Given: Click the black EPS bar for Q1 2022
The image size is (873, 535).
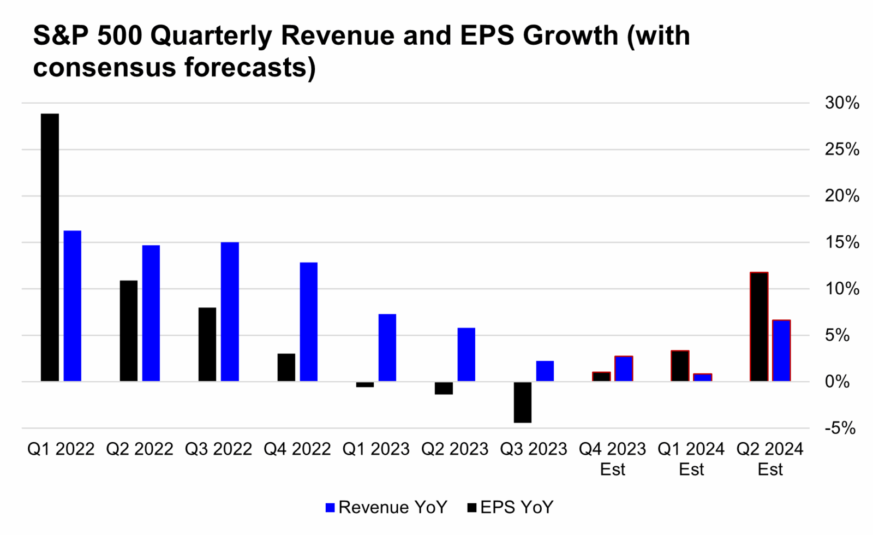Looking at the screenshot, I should (50, 247).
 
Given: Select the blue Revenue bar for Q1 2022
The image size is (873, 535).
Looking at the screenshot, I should (73, 306).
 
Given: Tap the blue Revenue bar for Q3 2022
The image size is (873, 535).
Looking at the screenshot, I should (230, 311).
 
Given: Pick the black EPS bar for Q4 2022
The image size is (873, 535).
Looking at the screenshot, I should (286, 367).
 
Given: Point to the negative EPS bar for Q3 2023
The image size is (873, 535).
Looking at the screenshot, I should (522, 402).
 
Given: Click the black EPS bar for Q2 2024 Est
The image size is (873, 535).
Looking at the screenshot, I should (759, 326).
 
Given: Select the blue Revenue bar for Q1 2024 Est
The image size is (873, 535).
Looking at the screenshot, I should (702, 377).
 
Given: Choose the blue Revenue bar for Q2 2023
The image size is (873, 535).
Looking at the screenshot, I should (466, 354).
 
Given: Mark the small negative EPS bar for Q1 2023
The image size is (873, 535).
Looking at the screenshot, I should (365, 384).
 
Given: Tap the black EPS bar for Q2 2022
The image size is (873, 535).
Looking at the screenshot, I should (129, 330).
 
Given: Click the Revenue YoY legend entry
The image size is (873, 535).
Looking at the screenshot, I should (386, 507).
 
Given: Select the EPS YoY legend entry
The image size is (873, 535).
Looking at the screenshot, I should (510, 507).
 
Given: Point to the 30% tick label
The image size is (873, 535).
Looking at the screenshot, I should (841, 103).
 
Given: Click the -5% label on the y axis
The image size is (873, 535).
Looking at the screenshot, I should (840, 428).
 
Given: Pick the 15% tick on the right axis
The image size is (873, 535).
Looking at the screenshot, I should (841, 242).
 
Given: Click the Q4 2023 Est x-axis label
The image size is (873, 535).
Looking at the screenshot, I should (612, 459).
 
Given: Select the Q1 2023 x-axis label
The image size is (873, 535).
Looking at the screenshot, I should (375, 449).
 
